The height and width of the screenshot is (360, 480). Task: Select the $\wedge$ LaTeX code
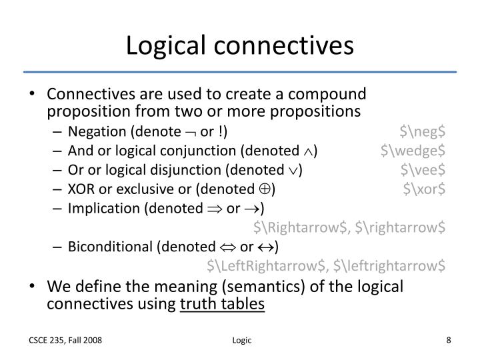click(413, 151)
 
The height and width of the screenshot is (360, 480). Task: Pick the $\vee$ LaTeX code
click(423, 169)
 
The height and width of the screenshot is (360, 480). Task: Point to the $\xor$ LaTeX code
click(424, 189)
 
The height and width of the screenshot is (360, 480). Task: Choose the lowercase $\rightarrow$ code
click(401, 227)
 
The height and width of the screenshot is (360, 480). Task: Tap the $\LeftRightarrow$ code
click(269, 267)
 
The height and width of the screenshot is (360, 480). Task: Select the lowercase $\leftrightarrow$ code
click(389, 267)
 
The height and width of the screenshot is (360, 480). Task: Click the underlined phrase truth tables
click(223, 304)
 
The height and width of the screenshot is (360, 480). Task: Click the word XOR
click(81, 189)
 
